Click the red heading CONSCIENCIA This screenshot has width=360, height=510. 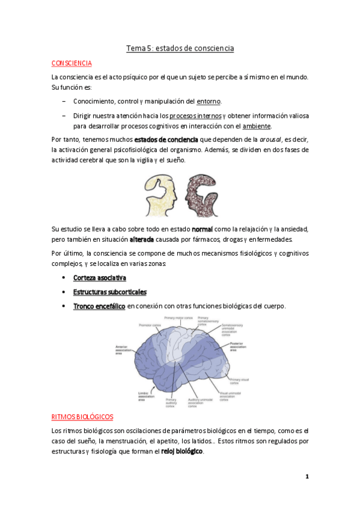pyautogui.click(x=72, y=63)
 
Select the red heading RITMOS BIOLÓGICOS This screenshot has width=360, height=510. pyautogui.click(x=82, y=416)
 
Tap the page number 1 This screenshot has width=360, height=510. pyautogui.click(x=307, y=477)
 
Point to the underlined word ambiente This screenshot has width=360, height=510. pyautogui.click(x=257, y=126)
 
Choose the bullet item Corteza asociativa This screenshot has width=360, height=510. pyautogui.click(x=99, y=278)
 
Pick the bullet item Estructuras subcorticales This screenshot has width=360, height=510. pyautogui.click(x=109, y=292)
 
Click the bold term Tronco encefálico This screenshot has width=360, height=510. pyautogui.click(x=99, y=306)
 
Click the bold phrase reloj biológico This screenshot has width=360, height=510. pyautogui.click(x=182, y=451)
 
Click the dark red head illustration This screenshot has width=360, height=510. pyautogui.click(x=202, y=195)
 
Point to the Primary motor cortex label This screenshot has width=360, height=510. pyautogui.click(x=178, y=318)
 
